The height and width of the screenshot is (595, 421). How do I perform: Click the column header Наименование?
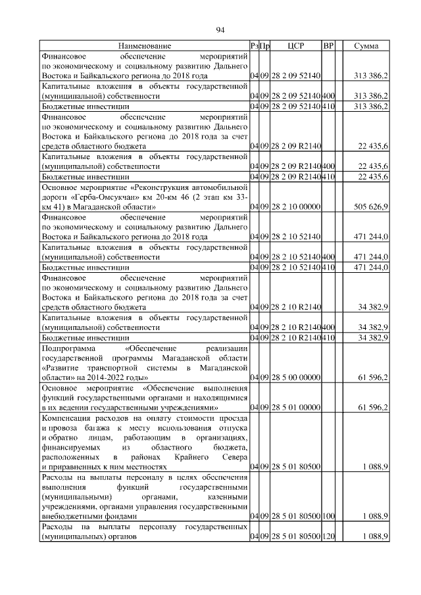(145, 46)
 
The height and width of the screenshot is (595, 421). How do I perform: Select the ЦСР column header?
(295, 46)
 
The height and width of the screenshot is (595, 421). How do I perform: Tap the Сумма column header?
(366, 46)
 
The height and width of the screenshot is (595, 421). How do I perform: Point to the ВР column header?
(329, 46)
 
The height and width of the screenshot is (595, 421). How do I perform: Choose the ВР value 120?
(329, 537)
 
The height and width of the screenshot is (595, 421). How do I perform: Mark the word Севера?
(234, 456)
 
